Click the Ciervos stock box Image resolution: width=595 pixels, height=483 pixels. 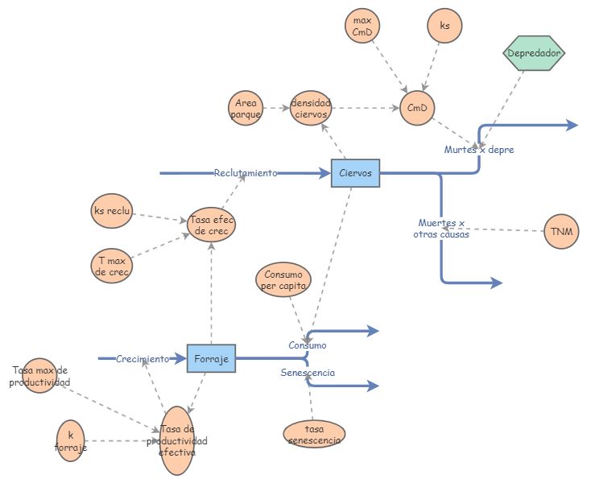(355, 173)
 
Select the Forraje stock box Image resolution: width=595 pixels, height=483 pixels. (211, 358)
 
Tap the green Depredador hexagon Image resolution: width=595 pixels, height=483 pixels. (534, 53)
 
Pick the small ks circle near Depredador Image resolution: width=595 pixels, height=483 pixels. (444, 26)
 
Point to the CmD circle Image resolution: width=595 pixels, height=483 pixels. (416, 107)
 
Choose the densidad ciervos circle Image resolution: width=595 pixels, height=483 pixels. (311, 108)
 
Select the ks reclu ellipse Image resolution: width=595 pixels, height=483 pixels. (111, 211)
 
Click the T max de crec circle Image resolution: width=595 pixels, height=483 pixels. (111, 265)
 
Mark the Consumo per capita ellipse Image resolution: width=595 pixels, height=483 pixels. (282, 281)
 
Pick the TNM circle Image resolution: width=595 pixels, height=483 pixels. (561, 232)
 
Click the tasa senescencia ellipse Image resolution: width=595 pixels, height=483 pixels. (314, 434)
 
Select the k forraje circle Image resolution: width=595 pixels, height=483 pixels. (71, 440)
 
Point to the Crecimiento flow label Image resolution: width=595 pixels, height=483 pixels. (143, 359)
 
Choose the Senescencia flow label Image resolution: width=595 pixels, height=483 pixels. (308, 373)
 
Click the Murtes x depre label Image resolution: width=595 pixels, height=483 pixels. (479, 150)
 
